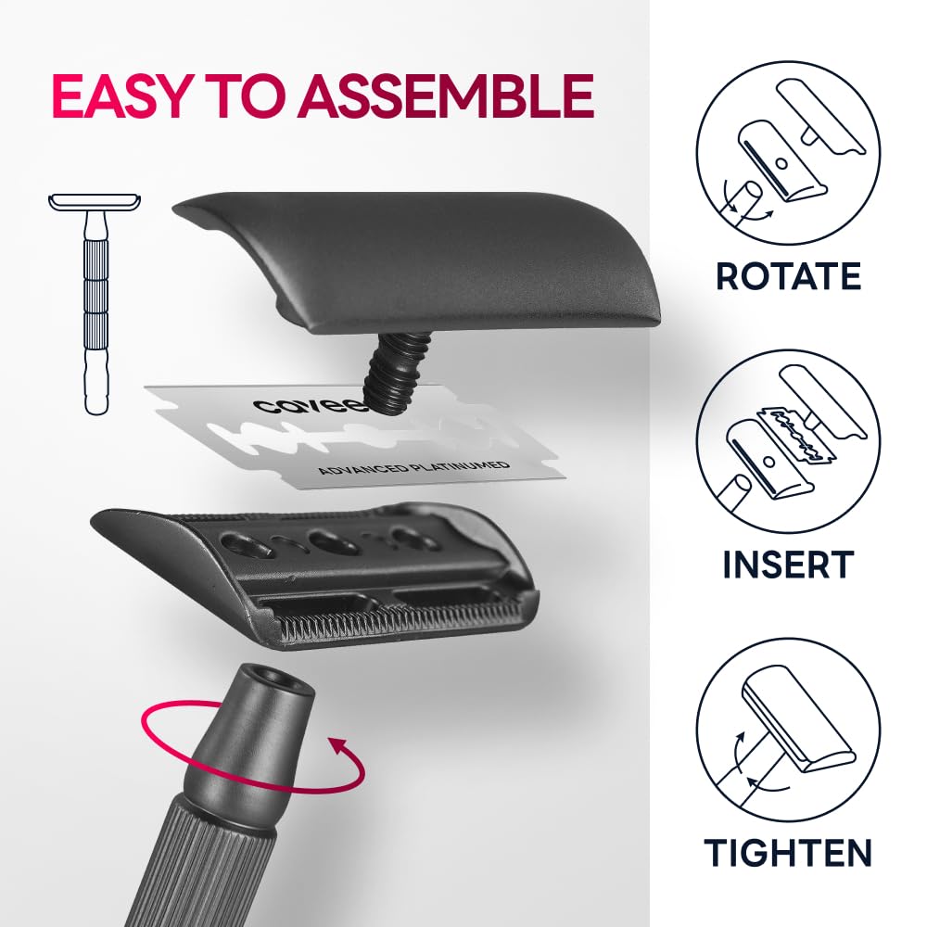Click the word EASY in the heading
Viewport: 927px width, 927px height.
tap(120, 95)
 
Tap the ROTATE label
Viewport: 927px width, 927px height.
tap(788, 275)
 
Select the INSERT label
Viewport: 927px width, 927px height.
tap(788, 564)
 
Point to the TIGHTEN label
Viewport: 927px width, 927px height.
tap(788, 853)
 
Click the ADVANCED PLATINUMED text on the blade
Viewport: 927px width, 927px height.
tap(413, 467)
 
